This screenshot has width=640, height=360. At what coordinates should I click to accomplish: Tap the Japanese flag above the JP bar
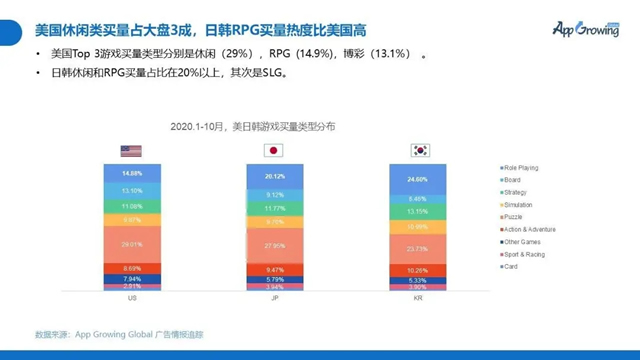272,151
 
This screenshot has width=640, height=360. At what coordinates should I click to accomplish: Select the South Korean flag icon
421,151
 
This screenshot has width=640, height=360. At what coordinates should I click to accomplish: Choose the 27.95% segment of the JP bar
274,245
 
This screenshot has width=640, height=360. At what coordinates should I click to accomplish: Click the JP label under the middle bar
274,299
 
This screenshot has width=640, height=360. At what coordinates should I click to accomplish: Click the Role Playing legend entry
524,166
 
